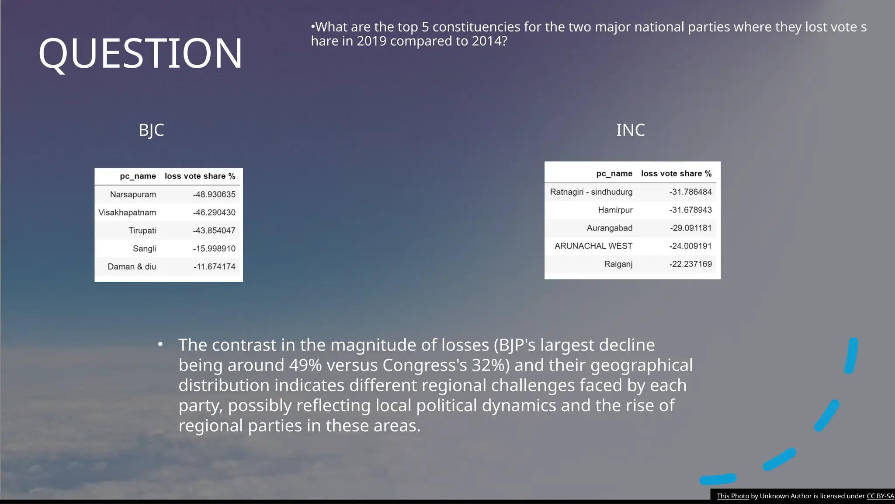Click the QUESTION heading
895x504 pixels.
140,53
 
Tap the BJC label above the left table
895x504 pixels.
151,130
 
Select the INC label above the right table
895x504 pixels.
630,130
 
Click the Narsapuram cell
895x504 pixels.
133,194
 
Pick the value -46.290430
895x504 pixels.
214,213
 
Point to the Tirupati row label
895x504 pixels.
142,231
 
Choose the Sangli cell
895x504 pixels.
144,248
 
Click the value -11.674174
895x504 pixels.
214,266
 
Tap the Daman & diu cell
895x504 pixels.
132,266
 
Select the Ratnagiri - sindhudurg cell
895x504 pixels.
591,192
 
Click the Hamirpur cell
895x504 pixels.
615,210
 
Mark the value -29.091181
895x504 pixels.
690,228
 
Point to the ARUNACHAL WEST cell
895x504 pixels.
593,246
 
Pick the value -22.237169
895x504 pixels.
690,264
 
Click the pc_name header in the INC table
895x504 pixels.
614,174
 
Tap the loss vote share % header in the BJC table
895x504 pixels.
200,176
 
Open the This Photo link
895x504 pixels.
733,496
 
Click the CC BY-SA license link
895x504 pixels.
880,496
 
